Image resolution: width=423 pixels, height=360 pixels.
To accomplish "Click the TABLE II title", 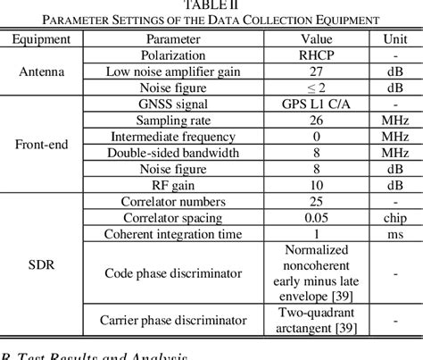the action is tap(211, 6).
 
